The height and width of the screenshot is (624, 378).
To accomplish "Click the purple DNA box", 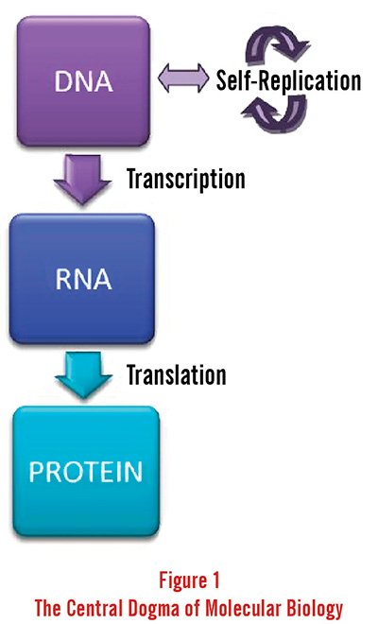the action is (83, 81).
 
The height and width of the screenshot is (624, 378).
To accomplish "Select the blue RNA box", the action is (82, 279).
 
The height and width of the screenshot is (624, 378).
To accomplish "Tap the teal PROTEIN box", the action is (86, 472).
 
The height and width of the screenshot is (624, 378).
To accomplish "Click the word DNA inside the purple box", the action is (83, 81).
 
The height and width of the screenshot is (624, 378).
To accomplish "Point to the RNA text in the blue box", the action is (83, 279).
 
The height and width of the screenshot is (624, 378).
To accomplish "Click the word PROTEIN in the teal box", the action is (86, 472).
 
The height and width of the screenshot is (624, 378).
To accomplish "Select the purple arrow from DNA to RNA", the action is (82, 179).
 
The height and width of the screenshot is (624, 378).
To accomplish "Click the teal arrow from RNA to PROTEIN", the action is (83, 375).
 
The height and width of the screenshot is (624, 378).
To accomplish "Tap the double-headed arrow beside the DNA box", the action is (183, 78).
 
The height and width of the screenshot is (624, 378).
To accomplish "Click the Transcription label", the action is (186, 179).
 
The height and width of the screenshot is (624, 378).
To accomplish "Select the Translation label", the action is (177, 375).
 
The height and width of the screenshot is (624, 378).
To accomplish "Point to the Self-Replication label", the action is (288, 80).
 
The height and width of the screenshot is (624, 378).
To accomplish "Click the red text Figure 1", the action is (189, 580).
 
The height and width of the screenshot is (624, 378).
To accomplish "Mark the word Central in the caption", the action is (94, 608).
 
